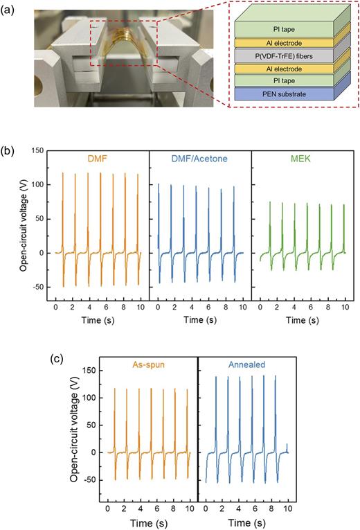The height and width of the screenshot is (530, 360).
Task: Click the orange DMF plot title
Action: click(98, 159)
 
